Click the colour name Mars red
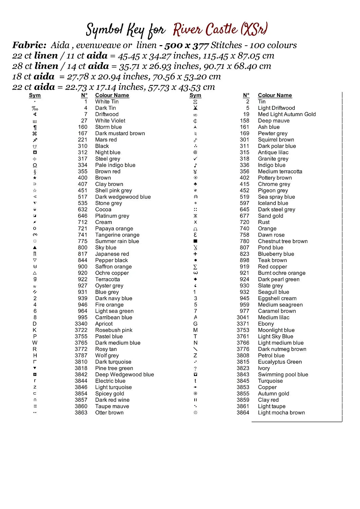pyautogui.click(x=106, y=140)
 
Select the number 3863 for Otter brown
pyautogui.click(x=81, y=413)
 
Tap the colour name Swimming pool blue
pyautogui.click(x=283, y=375)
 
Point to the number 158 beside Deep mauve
pyautogui.click(x=245, y=121)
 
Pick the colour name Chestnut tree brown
pyautogui.click(x=283, y=241)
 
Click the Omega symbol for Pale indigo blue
pyautogui.click(x=35, y=165)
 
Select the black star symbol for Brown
pyautogui.click(x=35, y=178)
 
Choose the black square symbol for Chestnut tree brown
pyautogui.click(x=195, y=241)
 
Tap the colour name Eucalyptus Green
pyautogui.click(x=280, y=362)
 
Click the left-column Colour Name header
pyautogui.click(x=112, y=95)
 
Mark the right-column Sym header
pyautogui.click(x=195, y=95)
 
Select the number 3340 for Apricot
pyautogui.click(x=81, y=324)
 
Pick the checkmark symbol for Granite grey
pyautogui.click(x=195, y=159)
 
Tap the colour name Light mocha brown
pyautogui.click(x=281, y=413)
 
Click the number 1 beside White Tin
pyautogui.click(x=86, y=101)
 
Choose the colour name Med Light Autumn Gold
pyautogui.click(x=287, y=114)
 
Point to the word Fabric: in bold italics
pyautogui.click(x=29, y=45)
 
